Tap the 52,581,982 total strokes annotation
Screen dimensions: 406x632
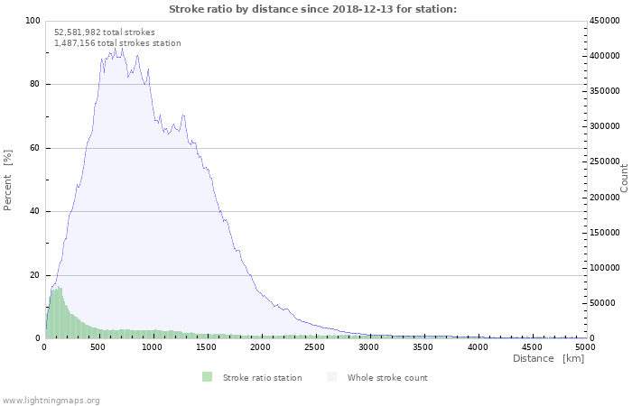coord(105,32)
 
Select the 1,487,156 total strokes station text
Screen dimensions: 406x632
coord(117,43)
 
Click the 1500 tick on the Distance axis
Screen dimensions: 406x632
coord(207,346)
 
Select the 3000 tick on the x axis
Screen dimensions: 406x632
coord(369,346)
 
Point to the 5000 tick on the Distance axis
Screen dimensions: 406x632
coord(585,346)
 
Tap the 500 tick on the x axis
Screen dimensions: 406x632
coord(98,346)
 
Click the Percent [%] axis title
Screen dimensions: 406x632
coord(8,180)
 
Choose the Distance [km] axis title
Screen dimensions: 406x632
coord(548,359)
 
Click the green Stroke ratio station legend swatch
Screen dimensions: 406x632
coord(207,377)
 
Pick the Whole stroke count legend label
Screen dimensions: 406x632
coord(387,377)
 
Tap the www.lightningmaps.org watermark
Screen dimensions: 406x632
coord(51,400)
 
